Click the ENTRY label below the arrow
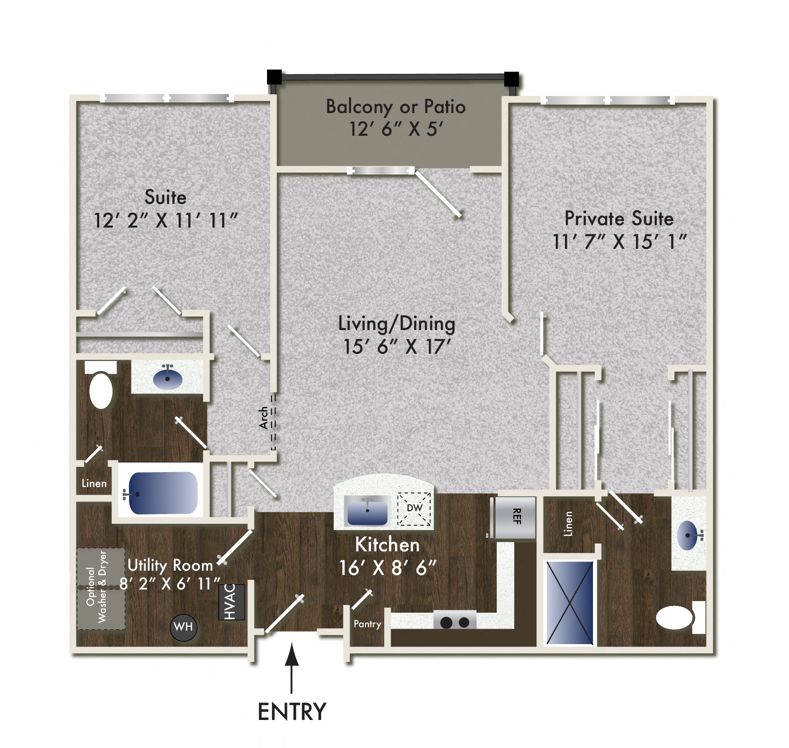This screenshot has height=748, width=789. (292, 712)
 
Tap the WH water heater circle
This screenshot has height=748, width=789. (183, 627)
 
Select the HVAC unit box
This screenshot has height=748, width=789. (231, 602)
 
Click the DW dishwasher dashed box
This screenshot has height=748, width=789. (414, 508)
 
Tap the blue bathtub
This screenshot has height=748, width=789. (163, 493)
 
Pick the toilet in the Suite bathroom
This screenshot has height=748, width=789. (101, 388)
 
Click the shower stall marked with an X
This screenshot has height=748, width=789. (570, 603)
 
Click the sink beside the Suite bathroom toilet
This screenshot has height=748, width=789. (168, 379)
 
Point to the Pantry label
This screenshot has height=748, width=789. (367, 624)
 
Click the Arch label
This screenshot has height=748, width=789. (264, 417)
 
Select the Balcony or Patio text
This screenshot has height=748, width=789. (395, 107)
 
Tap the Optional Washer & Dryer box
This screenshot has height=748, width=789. (101, 589)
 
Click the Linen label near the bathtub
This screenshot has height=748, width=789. (94, 483)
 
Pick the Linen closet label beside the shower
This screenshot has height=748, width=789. (568, 524)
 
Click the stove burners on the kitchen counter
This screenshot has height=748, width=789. (454, 622)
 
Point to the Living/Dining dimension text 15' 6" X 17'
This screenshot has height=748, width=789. (396, 346)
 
